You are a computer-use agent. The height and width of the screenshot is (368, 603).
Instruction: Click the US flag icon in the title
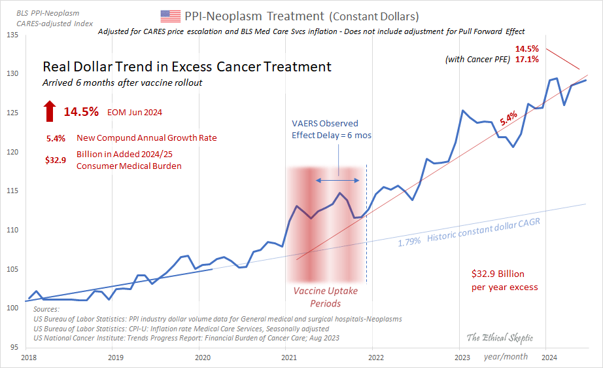tap(170, 16)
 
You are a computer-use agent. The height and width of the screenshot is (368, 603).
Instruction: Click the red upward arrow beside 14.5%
tap(50, 111)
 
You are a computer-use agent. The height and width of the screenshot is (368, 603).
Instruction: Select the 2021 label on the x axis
tap(289, 358)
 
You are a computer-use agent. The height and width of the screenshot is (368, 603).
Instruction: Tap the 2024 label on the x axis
tap(549, 358)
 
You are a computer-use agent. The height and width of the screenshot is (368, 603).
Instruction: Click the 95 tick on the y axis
tap(14, 347)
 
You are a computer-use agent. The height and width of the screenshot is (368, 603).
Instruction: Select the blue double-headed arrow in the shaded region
tap(337, 180)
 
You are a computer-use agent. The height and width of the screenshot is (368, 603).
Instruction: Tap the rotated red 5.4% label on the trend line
tap(508, 119)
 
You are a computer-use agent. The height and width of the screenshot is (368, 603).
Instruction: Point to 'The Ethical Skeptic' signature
tap(499, 338)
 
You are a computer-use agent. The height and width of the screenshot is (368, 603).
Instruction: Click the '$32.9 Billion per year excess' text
tap(504, 280)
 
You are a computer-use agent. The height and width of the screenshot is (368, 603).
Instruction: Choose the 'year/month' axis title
tap(506, 357)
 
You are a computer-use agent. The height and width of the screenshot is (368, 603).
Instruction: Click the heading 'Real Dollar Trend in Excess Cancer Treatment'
tap(186, 67)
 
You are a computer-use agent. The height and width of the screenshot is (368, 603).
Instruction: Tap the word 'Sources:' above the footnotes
tap(46, 309)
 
